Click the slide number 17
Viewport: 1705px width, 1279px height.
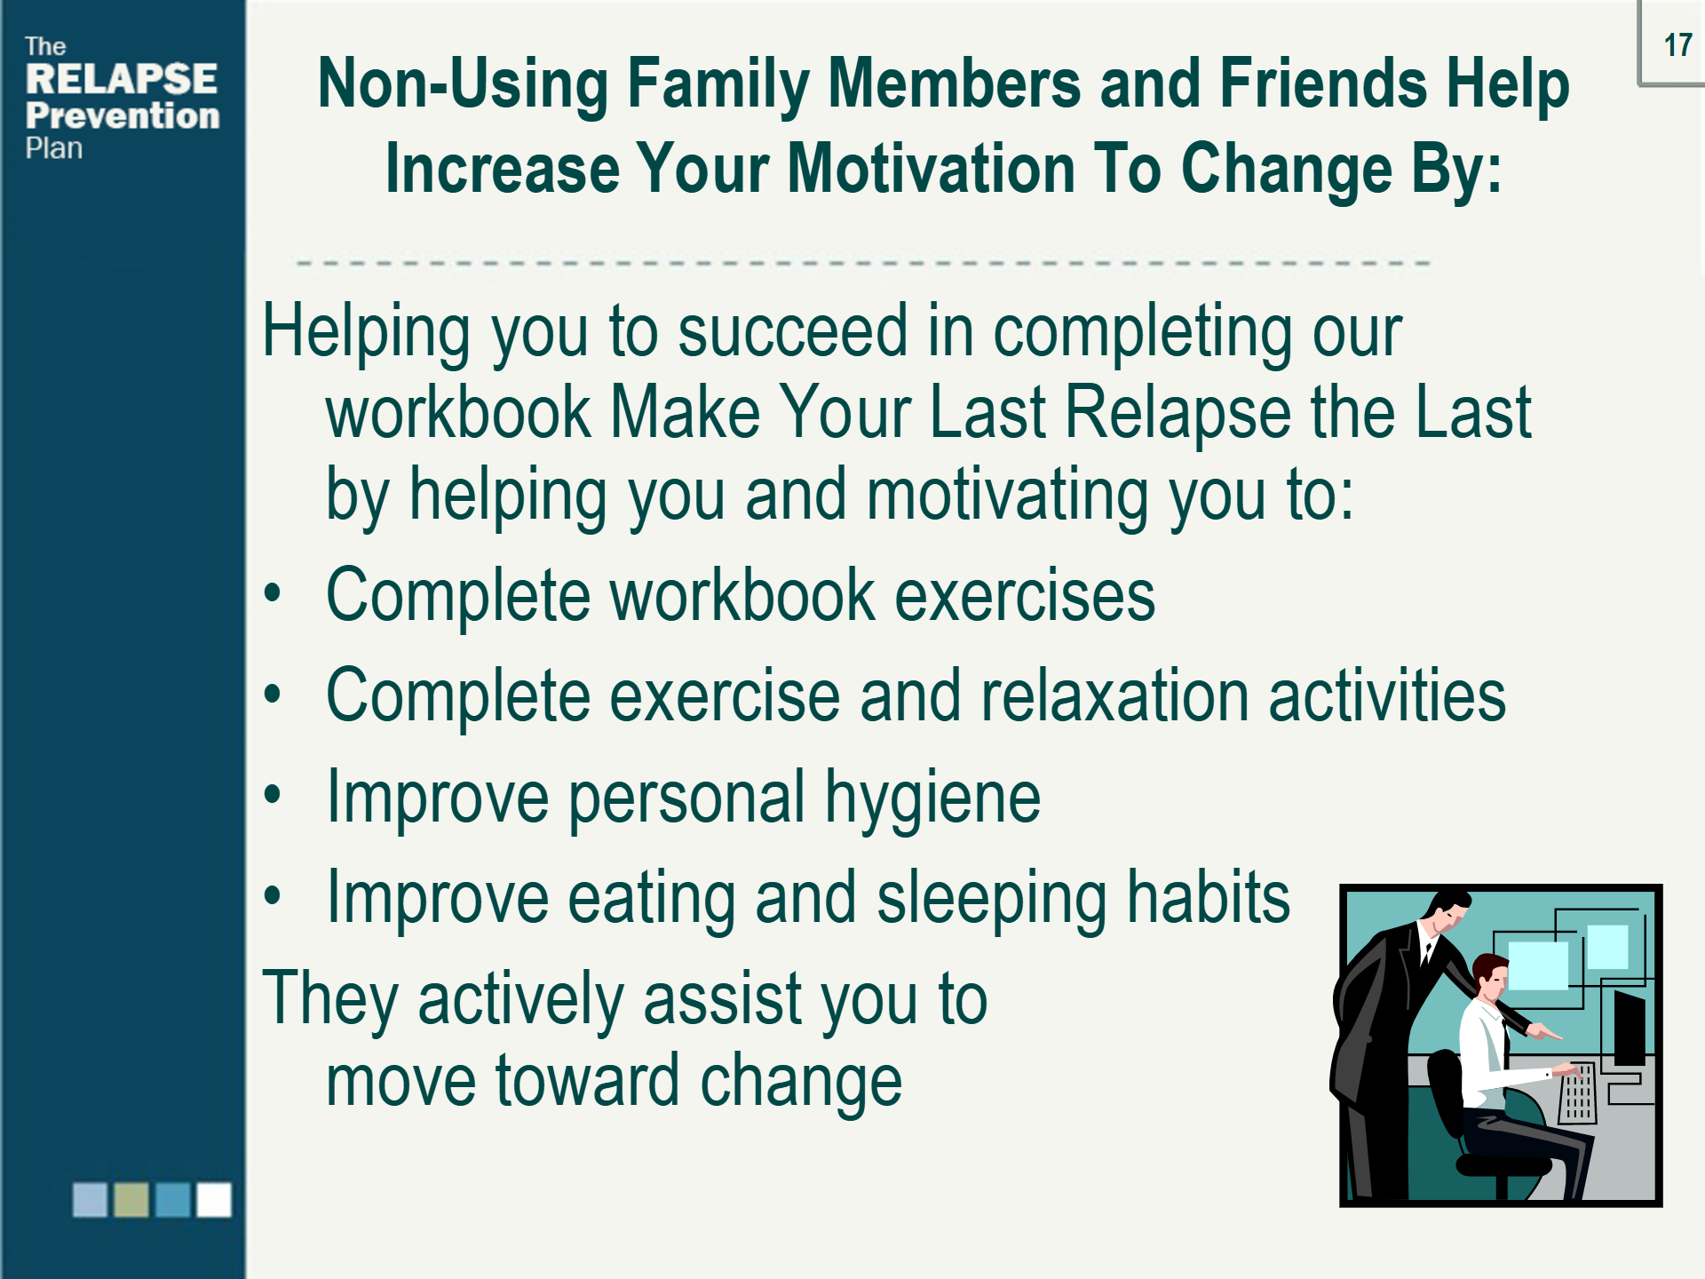(x=1677, y=44)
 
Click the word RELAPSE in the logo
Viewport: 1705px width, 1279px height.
(x=122, y=79)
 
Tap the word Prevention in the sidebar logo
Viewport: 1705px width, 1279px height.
(x=123, y=115)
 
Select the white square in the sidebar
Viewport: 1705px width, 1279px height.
(x=213, y=1199)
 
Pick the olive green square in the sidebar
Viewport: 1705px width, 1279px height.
(x=131, y=1199)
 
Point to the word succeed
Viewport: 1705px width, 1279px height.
(x=792, y=331)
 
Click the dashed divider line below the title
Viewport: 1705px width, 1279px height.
(x=861, y=263)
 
